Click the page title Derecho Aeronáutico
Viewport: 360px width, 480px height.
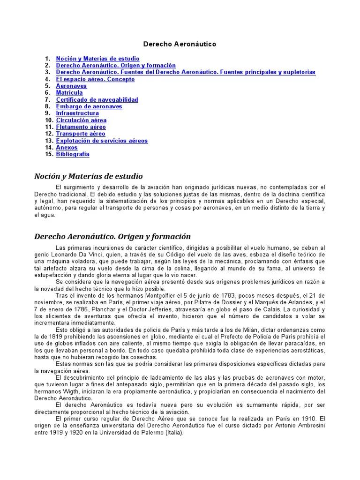pos(180,44)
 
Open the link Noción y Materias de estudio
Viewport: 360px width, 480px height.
pos(97,59)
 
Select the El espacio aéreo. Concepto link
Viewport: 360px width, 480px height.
pos(95,79)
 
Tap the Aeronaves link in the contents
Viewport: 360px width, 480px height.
pos(71,86)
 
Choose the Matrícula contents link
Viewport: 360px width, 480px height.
pos(69,93)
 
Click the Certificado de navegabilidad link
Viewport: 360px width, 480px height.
pos(97,100)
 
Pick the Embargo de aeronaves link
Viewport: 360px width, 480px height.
pos(89,106)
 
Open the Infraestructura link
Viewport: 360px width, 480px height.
pos(77,113)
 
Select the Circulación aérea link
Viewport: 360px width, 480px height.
pos(81,120)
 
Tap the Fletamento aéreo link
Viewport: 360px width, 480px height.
pos(81,127)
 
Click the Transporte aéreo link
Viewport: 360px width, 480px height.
pos(81,134)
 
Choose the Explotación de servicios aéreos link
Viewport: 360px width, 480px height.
pos(102,141)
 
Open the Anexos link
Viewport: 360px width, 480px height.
pos(67,148)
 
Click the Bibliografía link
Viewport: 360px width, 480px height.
pos(73,154)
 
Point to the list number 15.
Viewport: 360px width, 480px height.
pos(49,154)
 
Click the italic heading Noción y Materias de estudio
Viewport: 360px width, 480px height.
pos(88,176)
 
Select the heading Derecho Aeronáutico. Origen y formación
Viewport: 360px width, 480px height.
pos(112,236)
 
